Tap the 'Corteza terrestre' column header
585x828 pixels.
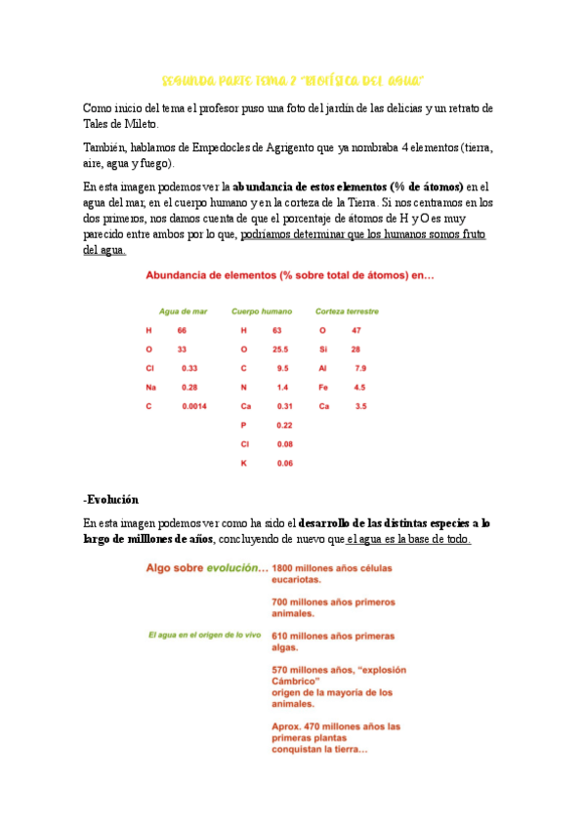[347, 311]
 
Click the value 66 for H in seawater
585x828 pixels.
[182, 330]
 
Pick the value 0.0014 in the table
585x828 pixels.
[194, 405]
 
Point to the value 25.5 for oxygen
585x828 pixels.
[280, 349]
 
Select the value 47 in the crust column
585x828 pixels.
[356, 330]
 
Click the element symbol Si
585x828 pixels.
[322, 349]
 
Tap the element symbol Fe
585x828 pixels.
[323, 387]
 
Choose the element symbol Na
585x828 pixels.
[150, 387]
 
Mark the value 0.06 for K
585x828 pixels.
[284, 463]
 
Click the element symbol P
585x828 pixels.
[243, 425]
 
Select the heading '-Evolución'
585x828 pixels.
[111, 498]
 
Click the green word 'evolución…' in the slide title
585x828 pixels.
[231, 567]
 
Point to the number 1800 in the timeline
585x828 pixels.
[284, 567]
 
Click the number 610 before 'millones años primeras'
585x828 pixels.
[281, 635]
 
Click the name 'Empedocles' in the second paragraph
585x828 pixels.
[202, 147]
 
